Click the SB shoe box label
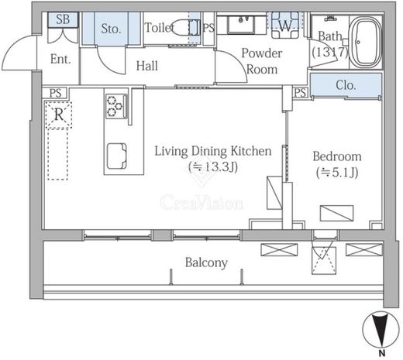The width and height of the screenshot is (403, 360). click(x=63, y=19)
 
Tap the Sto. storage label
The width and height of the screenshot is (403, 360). click(x=111, y=29)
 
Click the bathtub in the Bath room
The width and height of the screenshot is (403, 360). click(x=365, y=42)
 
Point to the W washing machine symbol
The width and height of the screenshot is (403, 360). click(x=285, y=26)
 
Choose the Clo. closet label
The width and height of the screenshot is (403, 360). click(x=346, y=85)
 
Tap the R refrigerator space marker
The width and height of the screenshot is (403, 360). click(x=59, y=115)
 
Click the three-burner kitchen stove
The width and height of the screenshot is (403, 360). click(x=116, y=106)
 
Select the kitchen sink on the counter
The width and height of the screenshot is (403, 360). click(x=117, y=156)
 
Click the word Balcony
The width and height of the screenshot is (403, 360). click(x=206, y=263)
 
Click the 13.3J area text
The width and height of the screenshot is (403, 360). click(x=213, y=167)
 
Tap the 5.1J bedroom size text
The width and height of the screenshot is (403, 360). click(x=337, y=173)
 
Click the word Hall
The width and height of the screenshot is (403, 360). click(x=146, y=66)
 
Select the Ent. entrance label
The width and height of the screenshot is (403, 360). click(x=60, y=59)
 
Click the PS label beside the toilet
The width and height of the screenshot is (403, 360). click(x=208, y=28)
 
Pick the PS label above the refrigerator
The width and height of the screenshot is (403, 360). click(x=55, y=93)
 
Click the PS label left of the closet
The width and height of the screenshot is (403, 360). click(x=301, y=93)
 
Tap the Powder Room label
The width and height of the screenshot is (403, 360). click(x=262, y=61)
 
